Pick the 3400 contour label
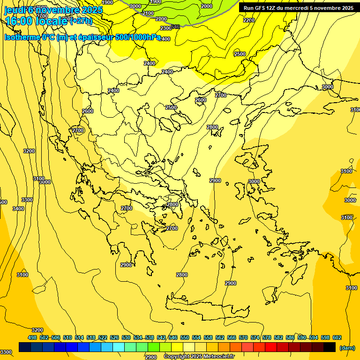pyautogui.click(x=18, y=209)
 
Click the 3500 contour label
pyautogui.click(x=27, y=200)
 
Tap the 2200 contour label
pyautogui.click(x=249, y=20)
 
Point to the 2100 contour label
pyautogui.click(x=148, y=14)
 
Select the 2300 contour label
pyautogui.click(x=166, y=29)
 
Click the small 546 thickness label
pyautogui.click(x=176, y=27)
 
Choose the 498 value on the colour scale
pyautogui.click(x=32, y=337)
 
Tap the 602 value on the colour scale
pyautogui.click(x=337, y=337)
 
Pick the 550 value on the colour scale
pyautogui.click(x=185, y=337)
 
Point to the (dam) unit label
pyautogui.click(x=346, y=348)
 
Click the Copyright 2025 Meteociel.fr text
pyautogui.click(x=199, y=357)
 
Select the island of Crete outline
pyautogui.click(x=206, y=309)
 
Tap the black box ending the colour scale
pyautogui.click(x=330, y=347)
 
